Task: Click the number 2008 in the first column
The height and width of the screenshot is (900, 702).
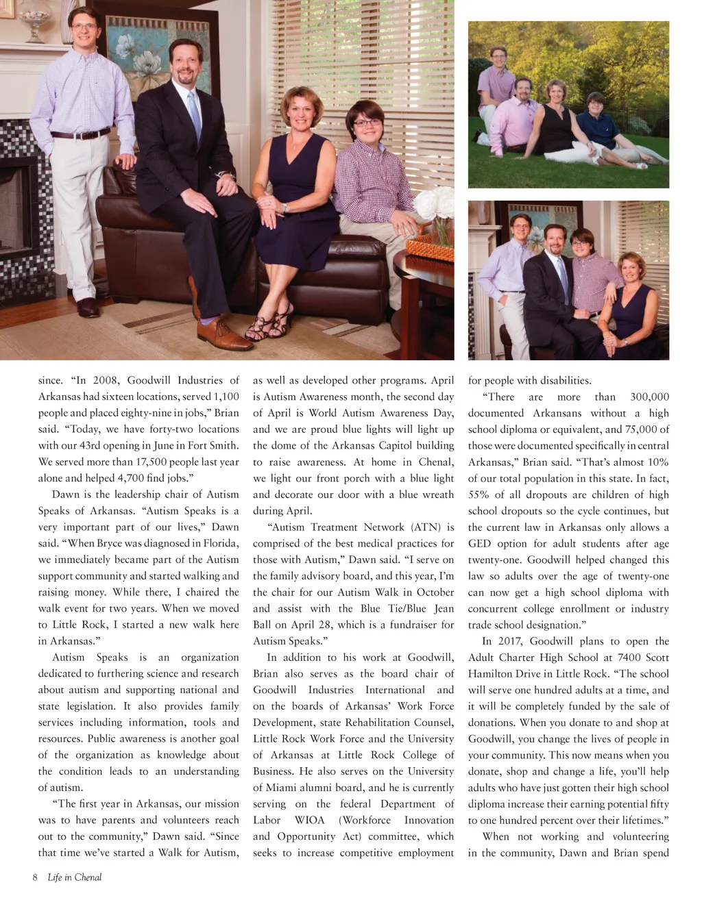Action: tap(106, 381)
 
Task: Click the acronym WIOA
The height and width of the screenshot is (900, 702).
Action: tap(310, 821)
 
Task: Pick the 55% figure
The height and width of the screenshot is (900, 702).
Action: tap(479, 495)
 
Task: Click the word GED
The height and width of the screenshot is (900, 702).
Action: tap(479, 544)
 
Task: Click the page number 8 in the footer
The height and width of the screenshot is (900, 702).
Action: tap(35, 877)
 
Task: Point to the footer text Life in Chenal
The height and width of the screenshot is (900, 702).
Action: tap(74, 877)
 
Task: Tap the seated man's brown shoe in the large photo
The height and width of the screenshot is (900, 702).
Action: tap(222, 336)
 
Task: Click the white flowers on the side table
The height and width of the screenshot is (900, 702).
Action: tap(436, 205)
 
